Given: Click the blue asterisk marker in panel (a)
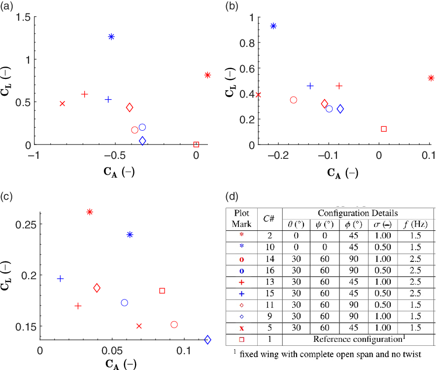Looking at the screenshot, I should (111, 37).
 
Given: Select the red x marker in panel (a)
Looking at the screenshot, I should (62, 104).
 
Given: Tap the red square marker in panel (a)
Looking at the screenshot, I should (196, 145).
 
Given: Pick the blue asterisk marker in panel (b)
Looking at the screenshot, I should (273, 26).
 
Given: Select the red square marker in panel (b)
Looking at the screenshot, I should (384, 129).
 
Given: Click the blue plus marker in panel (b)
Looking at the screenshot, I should (310, 86).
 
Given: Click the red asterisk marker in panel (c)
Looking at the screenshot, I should (90, 212).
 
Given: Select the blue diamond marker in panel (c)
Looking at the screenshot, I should (207, 339).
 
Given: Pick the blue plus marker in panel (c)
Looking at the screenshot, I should (60, 279).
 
